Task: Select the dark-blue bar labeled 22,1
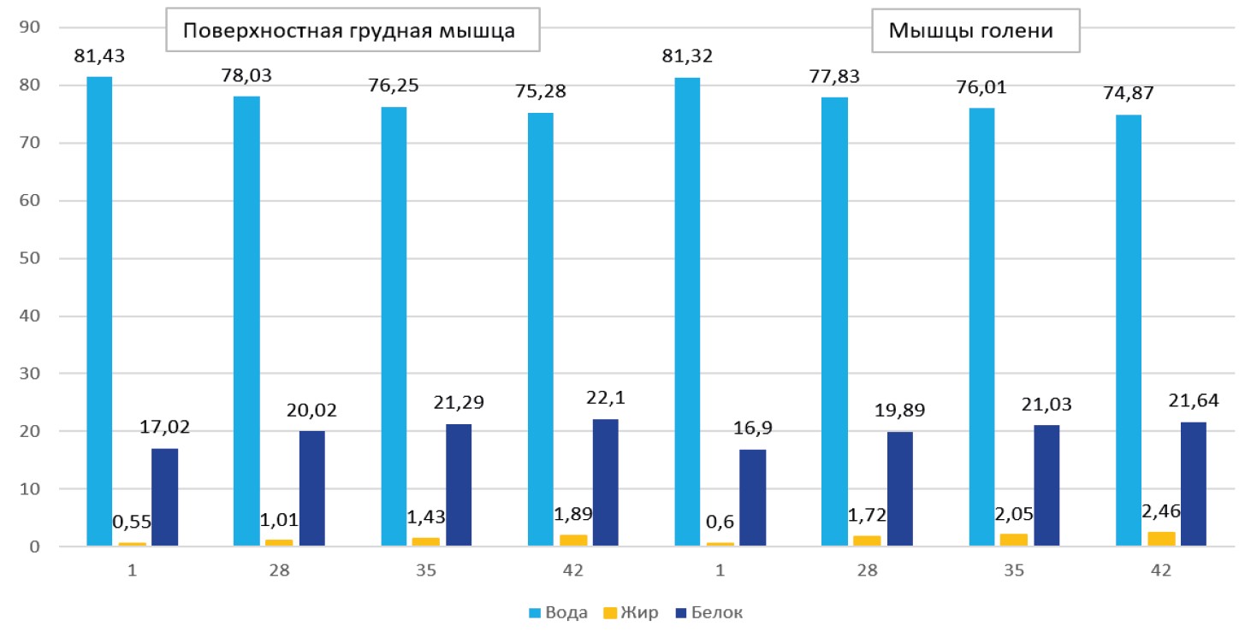pos(605,482)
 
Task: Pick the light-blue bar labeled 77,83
pos(834,322)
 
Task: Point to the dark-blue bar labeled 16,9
pos(752,498)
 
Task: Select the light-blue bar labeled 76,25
pos(394,326)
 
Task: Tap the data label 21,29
pos(459,402)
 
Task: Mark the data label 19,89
pos(899,410)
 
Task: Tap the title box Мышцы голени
pos(975,32)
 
